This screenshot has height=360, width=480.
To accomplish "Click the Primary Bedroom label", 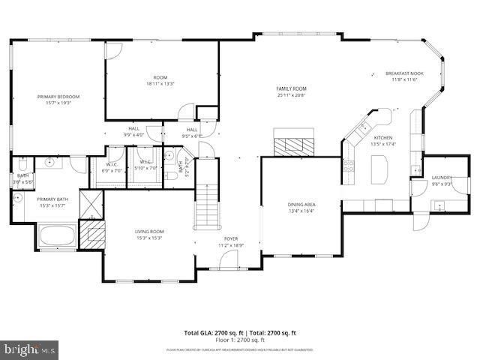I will (58, 97).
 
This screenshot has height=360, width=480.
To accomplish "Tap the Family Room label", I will (292, 88).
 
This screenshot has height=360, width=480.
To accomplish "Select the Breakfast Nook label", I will (404, 73).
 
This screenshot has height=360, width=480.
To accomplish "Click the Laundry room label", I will (441, 178).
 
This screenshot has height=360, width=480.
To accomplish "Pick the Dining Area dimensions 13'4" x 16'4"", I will (301, 211).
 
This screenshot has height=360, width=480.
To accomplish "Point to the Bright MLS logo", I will (30, 349).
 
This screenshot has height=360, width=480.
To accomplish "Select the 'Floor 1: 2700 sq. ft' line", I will (240, 340).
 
